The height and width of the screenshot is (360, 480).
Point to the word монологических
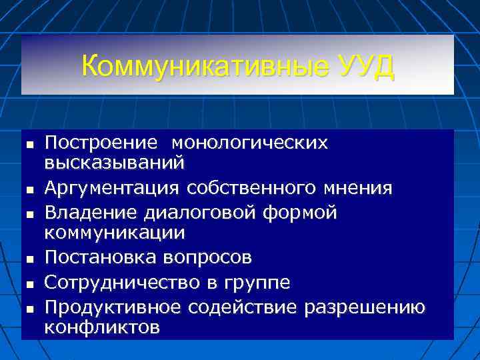pos(250,143)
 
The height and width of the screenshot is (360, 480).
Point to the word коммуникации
pos(115,233)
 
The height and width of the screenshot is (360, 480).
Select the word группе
pos(259,283)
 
